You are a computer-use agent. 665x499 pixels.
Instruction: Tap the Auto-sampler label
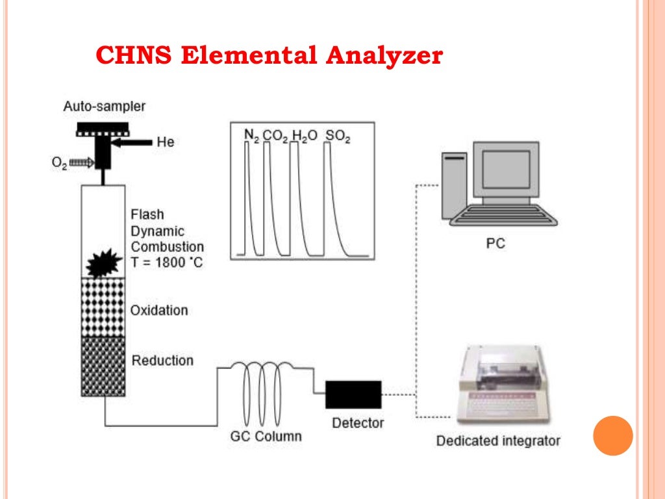coord(104,106)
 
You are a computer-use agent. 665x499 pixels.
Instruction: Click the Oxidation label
coord(159,310)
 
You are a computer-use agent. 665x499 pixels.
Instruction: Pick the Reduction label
coord(162,360)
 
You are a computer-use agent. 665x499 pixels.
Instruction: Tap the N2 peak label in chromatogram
coord(251,135)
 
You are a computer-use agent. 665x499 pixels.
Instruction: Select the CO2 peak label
coord(276,135)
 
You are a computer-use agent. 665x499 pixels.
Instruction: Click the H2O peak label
coord(305,135)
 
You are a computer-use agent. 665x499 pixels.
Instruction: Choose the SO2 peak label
coord(337,135)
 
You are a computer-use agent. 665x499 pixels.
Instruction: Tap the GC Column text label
coord(266,436)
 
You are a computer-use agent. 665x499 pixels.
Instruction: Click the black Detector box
coord(353,394)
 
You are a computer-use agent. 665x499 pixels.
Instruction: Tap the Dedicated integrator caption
coord(497,441)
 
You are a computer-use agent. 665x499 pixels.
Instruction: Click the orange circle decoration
coord(612,435)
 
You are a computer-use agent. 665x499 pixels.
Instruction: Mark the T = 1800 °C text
coord(167,263)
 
